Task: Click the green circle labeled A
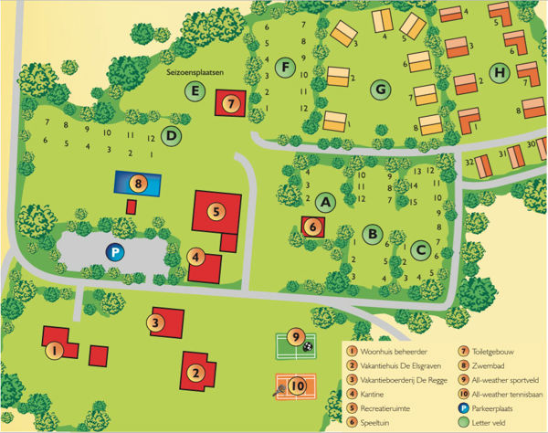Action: (327, 202)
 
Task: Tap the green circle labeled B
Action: (372, 234)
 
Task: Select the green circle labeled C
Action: (420, 248)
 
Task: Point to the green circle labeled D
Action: (171, 137)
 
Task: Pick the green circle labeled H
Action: (500, 73)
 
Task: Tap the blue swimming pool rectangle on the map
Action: (137, 183)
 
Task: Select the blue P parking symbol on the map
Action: (114, 252)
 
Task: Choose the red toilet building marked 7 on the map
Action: (231, 103)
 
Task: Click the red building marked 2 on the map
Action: (198, 371)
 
